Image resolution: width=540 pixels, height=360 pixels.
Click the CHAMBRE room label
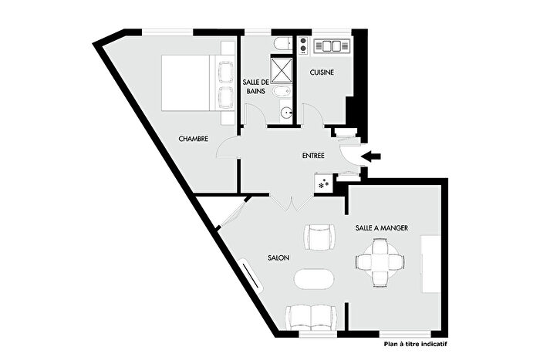(194, 140)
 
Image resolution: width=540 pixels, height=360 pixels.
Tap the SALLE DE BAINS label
(255, 87)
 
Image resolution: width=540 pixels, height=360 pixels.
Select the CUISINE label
(322, 72)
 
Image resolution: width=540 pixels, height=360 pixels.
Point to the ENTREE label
(312, 156)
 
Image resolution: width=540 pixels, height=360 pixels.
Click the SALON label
(278, 258)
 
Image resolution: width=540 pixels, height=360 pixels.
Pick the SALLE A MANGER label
(382, 228)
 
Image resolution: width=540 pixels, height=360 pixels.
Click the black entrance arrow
(372, 156)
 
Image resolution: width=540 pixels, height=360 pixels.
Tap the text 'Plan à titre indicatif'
(415, 345)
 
